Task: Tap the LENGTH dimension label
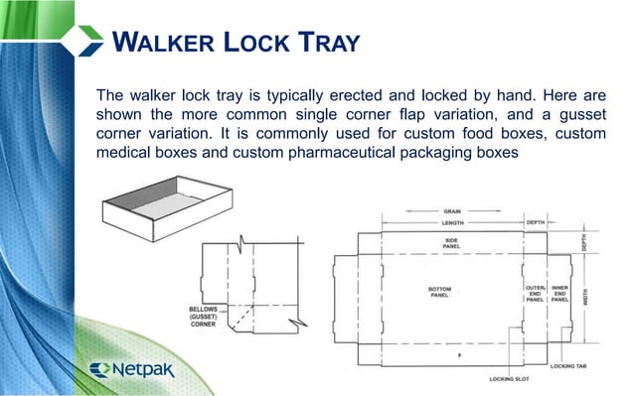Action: click(x=452, y=223)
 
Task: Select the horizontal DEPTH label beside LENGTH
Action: click(x=536, y=223)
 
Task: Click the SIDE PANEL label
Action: click(x=450, y=243)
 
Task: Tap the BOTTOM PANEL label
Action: click(x=439, y=292)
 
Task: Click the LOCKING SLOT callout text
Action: click(x=508, y=378)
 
